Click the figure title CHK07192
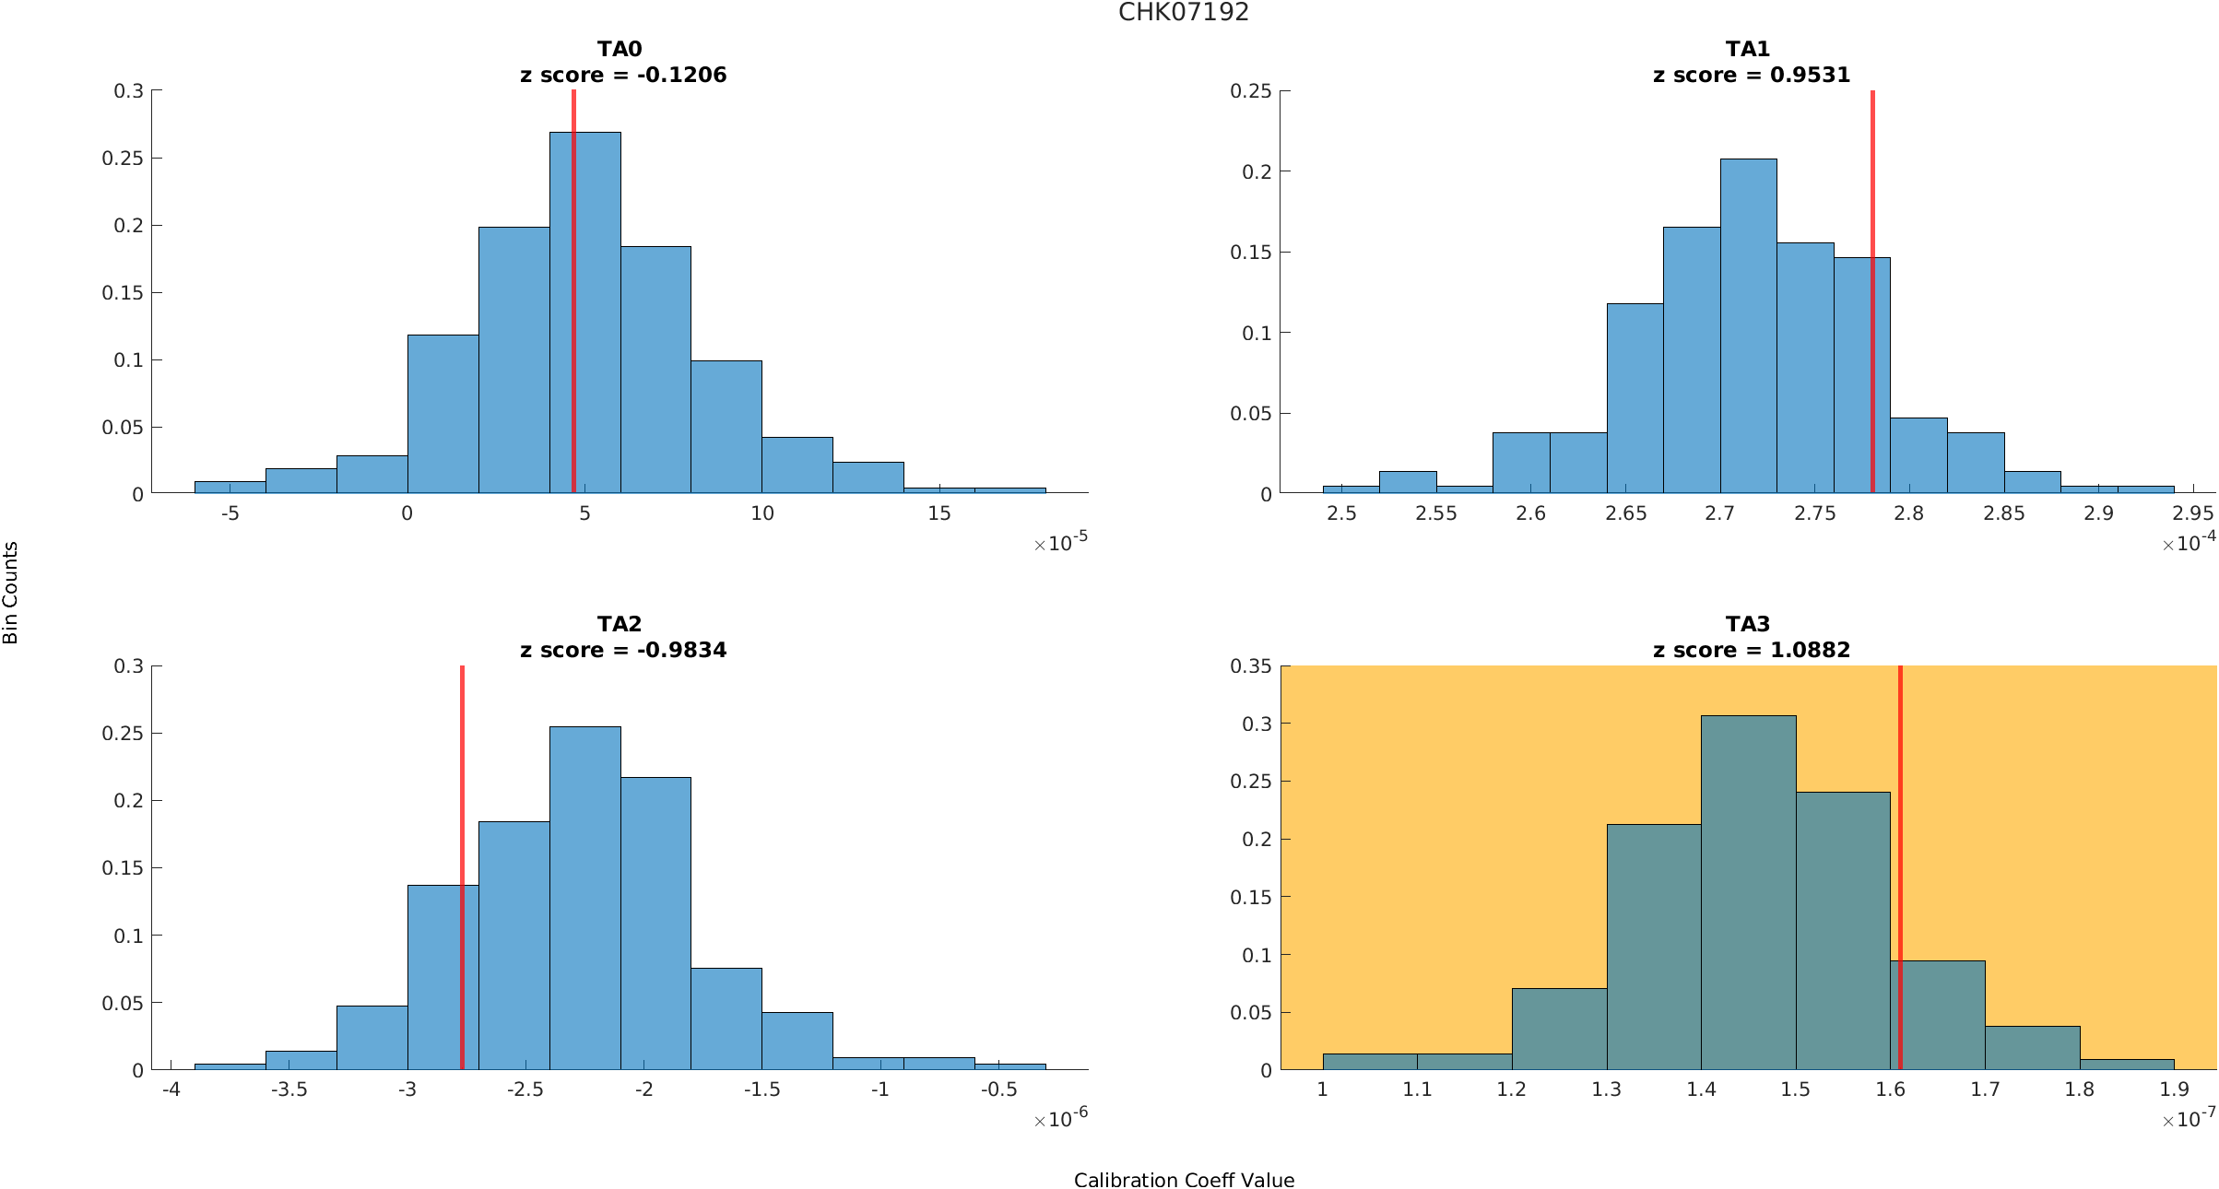[1184, 12]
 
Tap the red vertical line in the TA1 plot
[1872, 184]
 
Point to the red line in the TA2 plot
[462, 783]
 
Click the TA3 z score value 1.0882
[1810, 650]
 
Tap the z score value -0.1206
[681, 75]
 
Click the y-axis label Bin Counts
[10, 593]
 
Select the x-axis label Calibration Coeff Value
[1184, 1180]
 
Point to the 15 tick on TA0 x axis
[938, 513]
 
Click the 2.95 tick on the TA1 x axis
[2192, 513]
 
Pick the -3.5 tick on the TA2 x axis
[289, 1089]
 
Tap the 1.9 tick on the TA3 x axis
[2174, 1089]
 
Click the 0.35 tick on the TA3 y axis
[1250, 665]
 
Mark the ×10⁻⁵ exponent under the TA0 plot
[1060, 542]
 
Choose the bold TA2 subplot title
[619, 624]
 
